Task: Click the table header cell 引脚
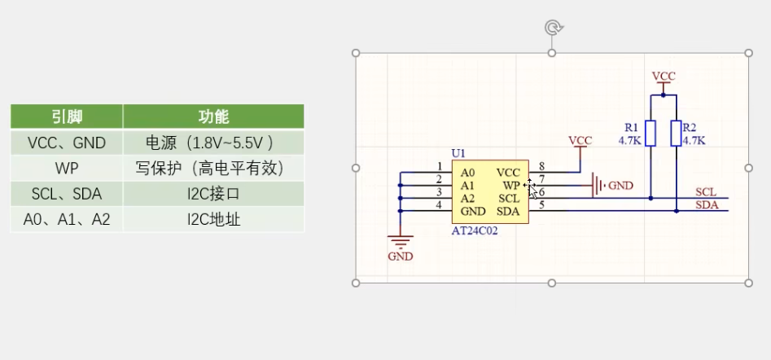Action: [x=67, y=116]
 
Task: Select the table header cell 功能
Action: [x=213, y=116]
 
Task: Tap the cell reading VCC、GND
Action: [x=67, y=143]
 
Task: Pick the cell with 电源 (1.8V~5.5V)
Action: [x=213, y=143]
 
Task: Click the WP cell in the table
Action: [x=67, y=169]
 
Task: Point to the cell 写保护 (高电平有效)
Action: [x=213, y=169]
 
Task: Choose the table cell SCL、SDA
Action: [x=67, y=194]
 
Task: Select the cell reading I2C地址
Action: [x=213, y=219]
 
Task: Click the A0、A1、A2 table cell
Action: [x=67, y=219]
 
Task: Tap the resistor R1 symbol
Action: [x=651, y=133]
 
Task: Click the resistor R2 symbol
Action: [x=677, y=133]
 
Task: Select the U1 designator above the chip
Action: [x=458, y=153]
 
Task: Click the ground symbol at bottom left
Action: [x=400, y=241]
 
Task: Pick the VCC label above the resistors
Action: [x=664, y=76]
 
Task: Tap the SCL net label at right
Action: [x=706, y=192]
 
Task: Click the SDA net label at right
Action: [x=707, y=205]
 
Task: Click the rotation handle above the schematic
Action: [x=552, y=29]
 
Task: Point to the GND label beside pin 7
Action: [x=620, y=186]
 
